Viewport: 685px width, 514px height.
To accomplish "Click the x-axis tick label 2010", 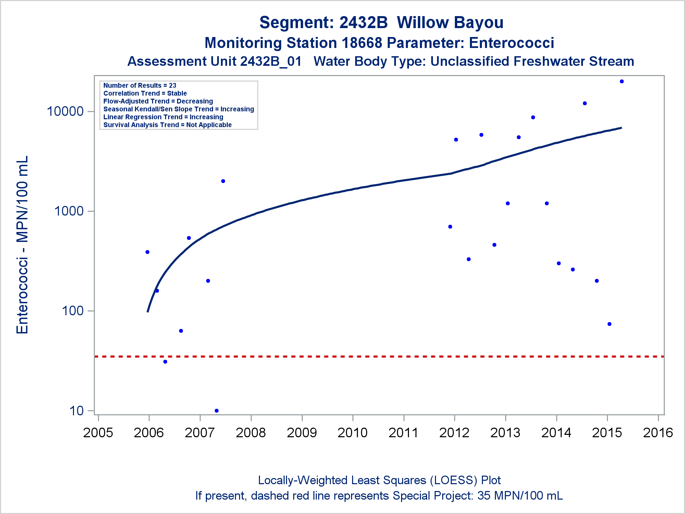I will [x=352, y=433].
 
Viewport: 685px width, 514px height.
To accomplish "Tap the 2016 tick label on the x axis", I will [x=658, y=433].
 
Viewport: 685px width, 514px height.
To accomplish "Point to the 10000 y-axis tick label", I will [x=65, y=111].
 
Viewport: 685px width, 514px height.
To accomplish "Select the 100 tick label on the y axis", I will [x=73, y=311].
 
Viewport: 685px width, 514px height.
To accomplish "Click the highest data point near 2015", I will [x=622, y=82].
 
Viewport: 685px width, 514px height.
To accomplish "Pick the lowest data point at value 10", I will [x=216, y=411].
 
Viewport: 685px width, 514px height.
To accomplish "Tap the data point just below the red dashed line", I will [x=165, y=362].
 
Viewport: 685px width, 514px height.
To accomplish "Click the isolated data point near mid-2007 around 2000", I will [x=223, y=181].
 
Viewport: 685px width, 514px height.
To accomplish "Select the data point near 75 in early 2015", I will [x=609, y=324].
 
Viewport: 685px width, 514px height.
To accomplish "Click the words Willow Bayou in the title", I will [x=450, y=23].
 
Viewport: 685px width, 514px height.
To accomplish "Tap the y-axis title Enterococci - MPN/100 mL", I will [x=22, y=245].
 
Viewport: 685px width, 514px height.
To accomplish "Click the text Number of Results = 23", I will [x=140, y=85].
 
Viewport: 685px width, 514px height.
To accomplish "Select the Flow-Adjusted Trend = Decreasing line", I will [x=158, y=101].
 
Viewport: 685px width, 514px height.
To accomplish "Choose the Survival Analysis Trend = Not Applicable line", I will [x=167, y=125].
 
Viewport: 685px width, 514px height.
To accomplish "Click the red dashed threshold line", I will [x=377, y=357].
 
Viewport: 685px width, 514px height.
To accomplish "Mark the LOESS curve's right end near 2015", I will [x=621, y=128].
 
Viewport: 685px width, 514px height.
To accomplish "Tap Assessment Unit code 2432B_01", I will [x=271, y=62].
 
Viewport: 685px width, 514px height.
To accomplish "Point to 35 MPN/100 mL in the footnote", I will [x=520, y=496].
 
